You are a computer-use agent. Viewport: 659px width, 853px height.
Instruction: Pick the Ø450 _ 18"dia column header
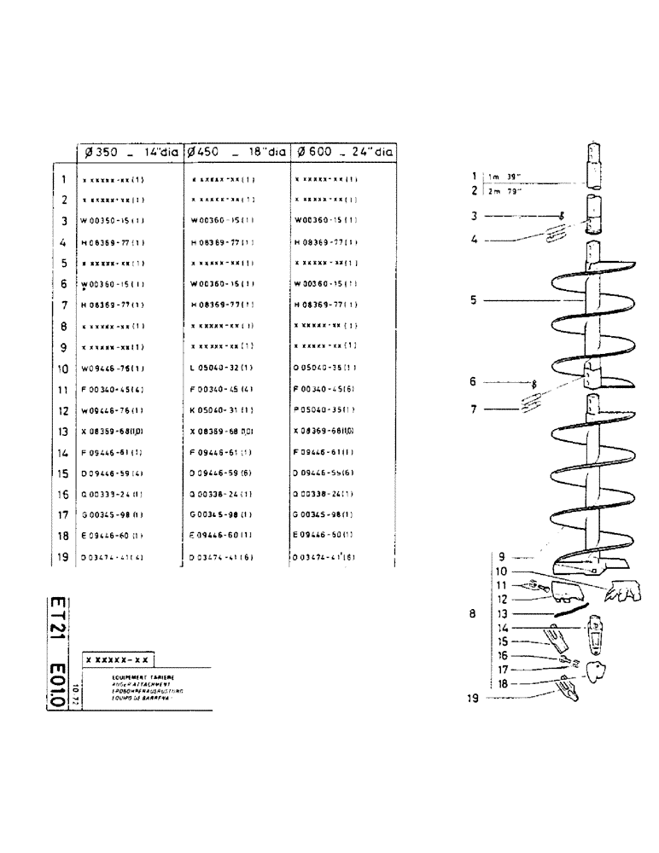[x=236, y=154]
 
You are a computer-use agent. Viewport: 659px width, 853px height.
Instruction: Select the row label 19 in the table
[x=62, y=558]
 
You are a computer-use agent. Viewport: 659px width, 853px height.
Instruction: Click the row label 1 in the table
[x=64, y=180]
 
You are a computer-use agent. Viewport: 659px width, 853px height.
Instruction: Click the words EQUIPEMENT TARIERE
[x=119, y=676]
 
